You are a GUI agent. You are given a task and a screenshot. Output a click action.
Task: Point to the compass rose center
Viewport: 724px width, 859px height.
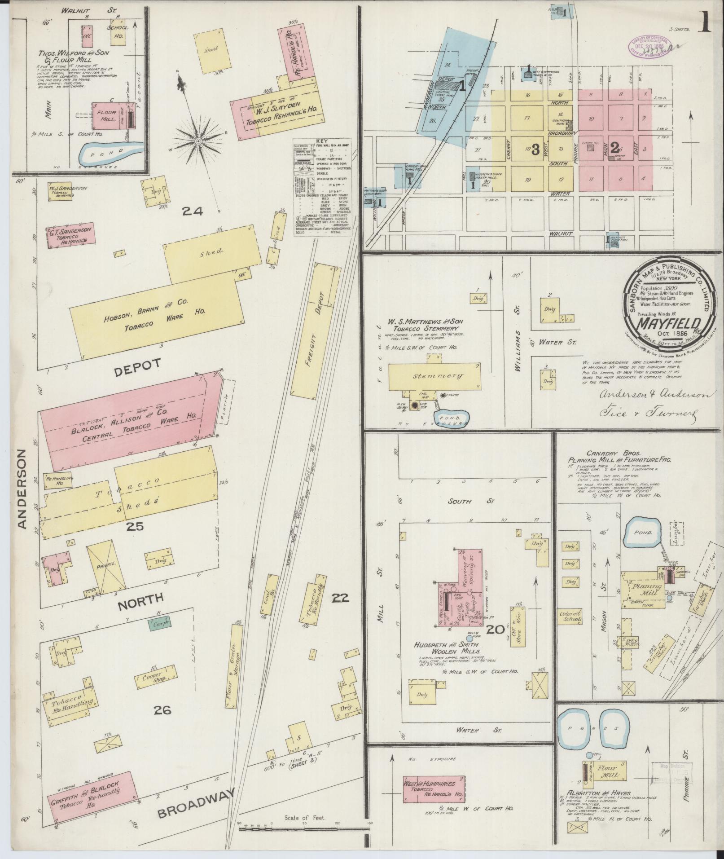(198, 142)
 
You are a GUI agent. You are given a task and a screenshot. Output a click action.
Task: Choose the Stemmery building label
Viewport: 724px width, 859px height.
(434, 376)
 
